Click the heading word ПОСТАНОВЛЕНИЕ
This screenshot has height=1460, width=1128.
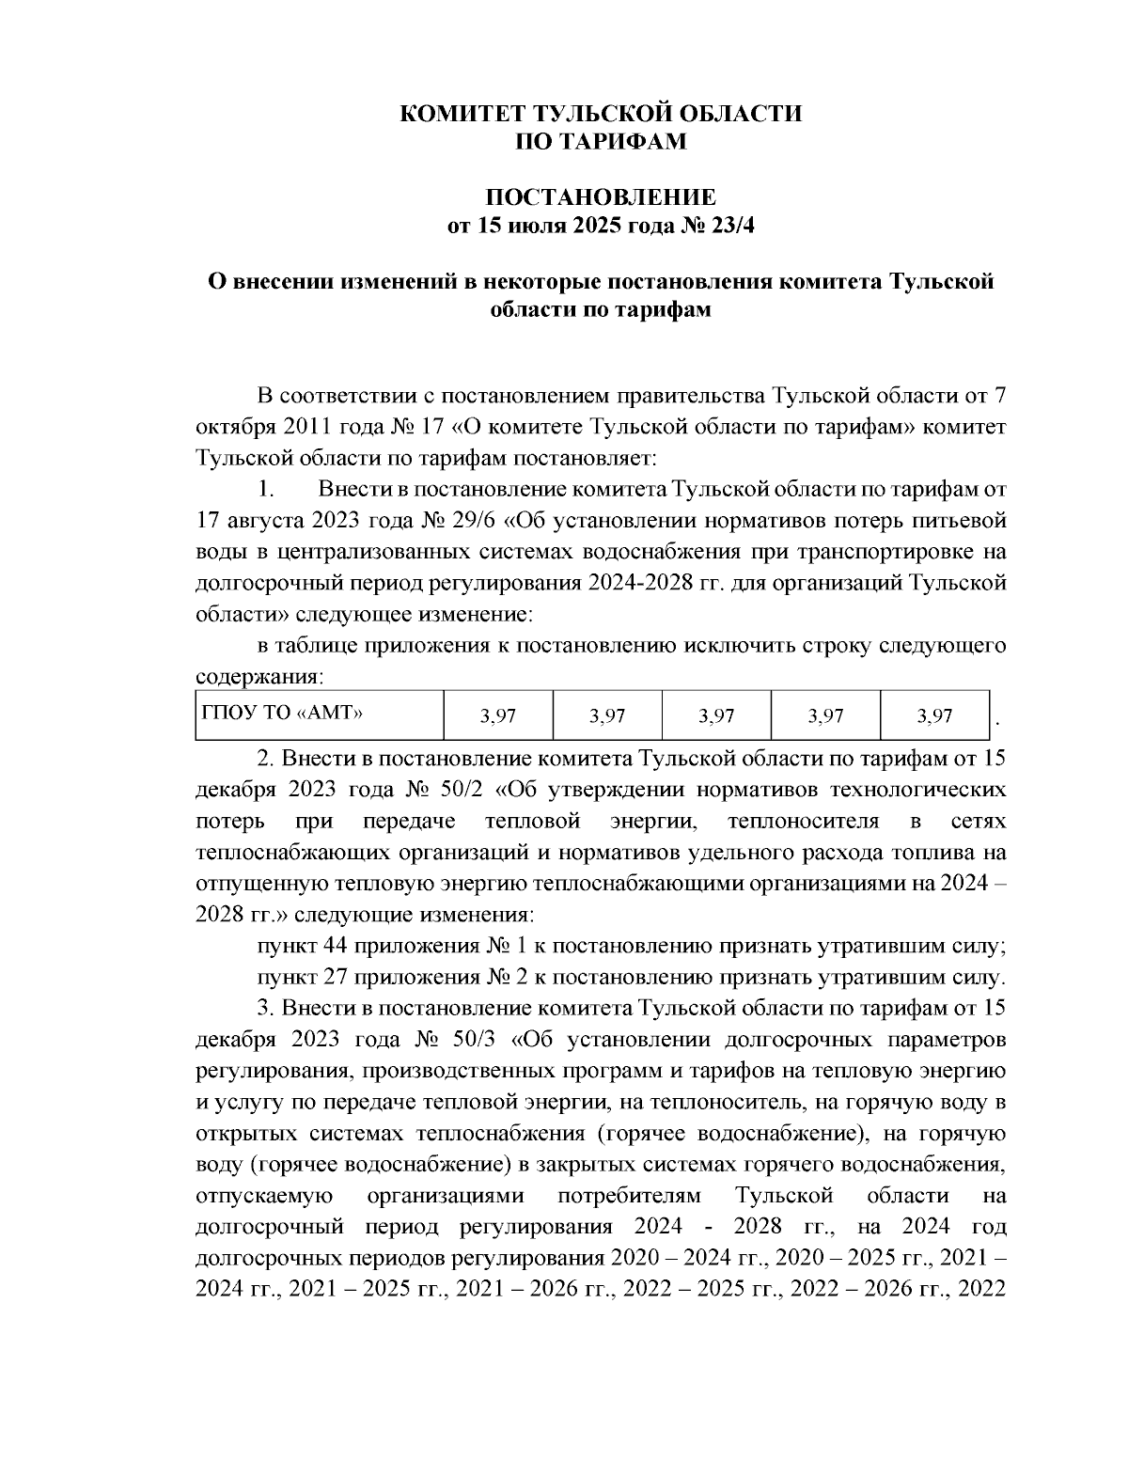tap(600, 197)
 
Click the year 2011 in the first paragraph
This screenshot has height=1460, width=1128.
tap(302, 427)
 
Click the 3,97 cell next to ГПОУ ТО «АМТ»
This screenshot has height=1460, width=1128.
tap(498, 716)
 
